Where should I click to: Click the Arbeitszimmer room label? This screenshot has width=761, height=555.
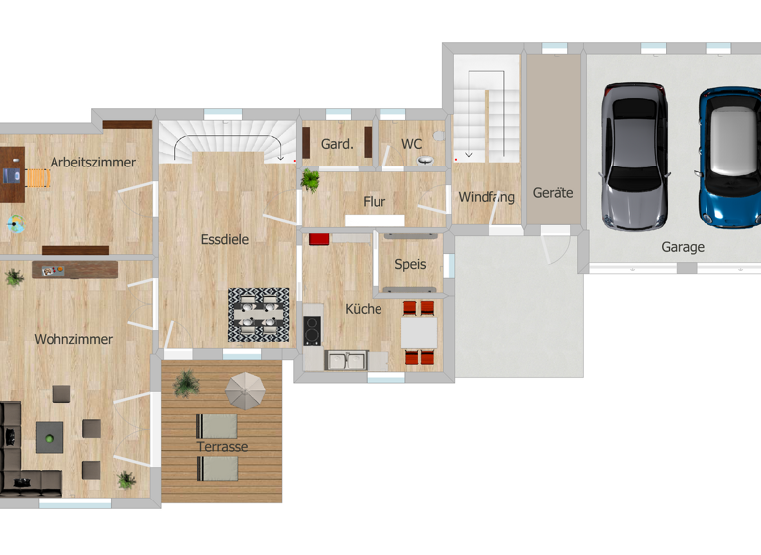point(93,163)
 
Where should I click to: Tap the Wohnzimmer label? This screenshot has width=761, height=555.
point(73,339)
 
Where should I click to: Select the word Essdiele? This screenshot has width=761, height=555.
point(224,239)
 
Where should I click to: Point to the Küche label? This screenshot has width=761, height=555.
point(363,309)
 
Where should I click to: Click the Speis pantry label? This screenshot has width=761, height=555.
point(410,265)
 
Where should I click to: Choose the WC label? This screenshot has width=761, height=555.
point(412,144)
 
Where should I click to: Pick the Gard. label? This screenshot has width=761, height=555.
point(337,144)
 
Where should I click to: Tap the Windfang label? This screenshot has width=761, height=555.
point(487,197)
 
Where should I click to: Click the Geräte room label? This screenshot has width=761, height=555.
point(553,193)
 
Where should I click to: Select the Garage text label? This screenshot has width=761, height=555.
point(683,247)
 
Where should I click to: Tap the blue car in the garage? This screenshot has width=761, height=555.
point(729,156)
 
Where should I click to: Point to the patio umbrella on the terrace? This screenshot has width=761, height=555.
point(245,389)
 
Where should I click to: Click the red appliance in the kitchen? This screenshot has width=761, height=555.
point(319,239)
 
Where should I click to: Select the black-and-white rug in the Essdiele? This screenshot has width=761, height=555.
point(259,315)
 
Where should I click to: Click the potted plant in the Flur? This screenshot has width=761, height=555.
point(311,180)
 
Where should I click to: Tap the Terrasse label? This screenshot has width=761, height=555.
point(222,447)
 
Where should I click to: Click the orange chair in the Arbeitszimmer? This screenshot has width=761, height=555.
point(38,178)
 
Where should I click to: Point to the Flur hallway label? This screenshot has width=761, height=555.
point(374,202)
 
